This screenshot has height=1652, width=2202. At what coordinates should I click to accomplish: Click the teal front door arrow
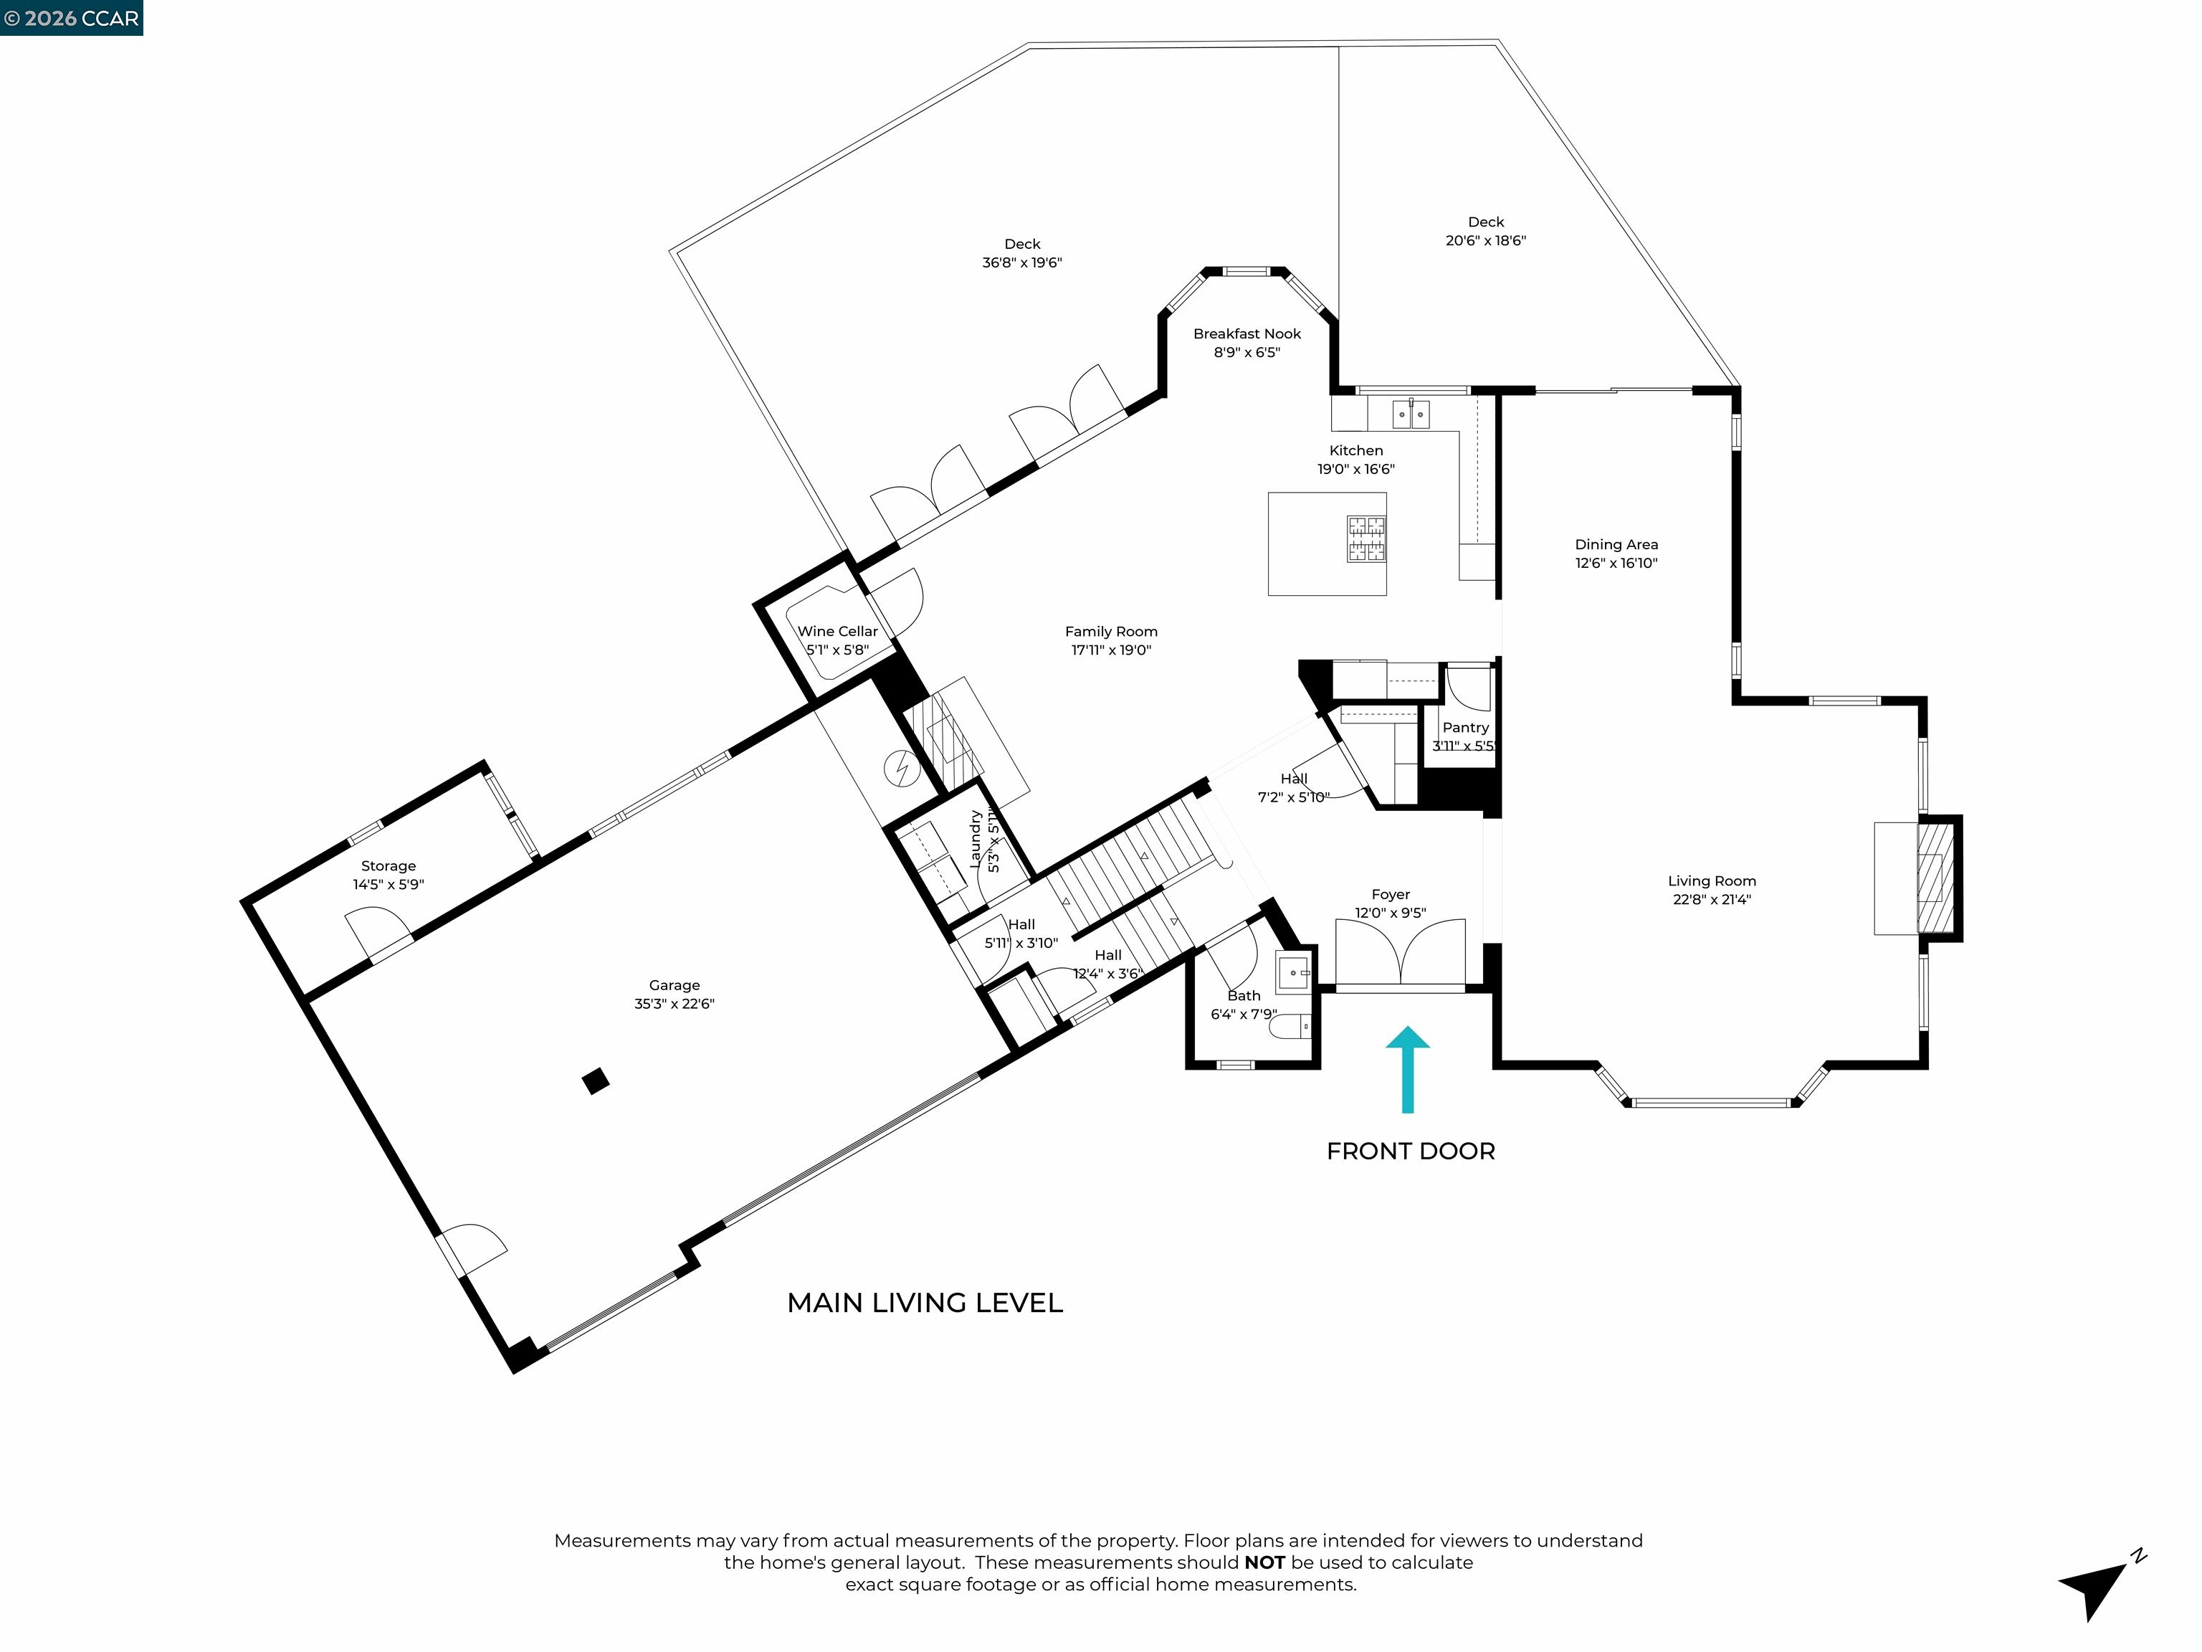1408,1070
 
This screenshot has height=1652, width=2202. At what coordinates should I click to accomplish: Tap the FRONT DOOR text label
1410,1151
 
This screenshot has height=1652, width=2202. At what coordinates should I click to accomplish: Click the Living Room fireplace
1936,878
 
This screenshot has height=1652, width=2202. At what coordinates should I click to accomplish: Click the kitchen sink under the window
1411,413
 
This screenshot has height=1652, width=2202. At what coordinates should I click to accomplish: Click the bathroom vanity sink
1293,971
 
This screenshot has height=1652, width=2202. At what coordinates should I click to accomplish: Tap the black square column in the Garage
595,1081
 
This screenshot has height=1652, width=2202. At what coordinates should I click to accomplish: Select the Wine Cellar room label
837,631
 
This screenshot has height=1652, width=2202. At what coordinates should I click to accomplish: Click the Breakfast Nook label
1247,333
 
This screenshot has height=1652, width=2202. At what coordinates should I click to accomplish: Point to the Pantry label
1465,728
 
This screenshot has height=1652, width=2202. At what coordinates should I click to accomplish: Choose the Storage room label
389,866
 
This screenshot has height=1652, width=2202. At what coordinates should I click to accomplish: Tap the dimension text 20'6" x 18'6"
1485,240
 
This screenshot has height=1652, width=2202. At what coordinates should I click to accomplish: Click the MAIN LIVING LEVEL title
925,1303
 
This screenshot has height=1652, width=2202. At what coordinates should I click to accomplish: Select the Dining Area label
1616,545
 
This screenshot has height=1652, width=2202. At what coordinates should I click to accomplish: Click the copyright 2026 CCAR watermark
72,18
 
